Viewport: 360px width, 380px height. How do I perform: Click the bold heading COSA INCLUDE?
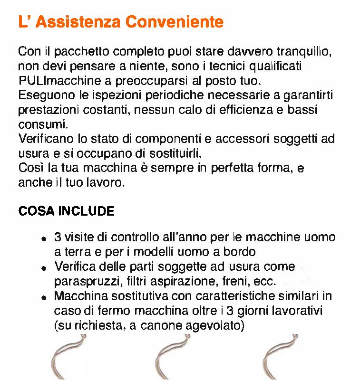point(66,211)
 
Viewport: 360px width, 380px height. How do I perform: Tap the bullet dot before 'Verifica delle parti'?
point(44,268)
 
